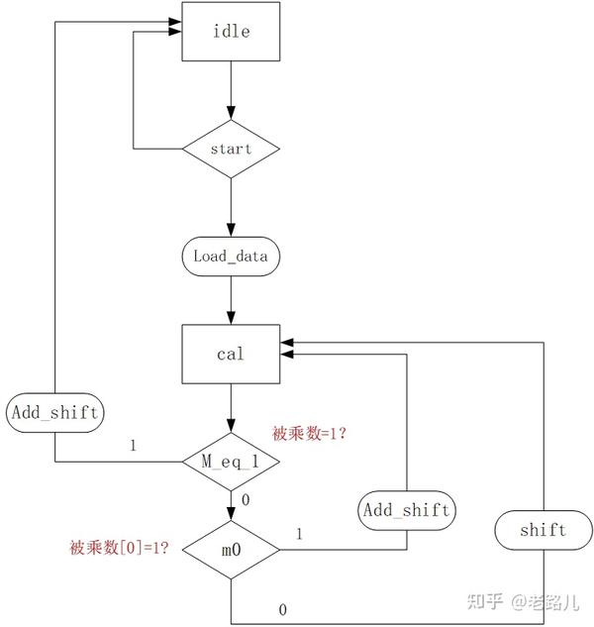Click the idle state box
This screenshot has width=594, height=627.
[x=231, y=31]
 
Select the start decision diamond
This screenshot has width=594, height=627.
[x=231, y=150]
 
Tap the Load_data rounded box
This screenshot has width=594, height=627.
[x=231, y=256]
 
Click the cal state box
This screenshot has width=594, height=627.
[x=231, y=354]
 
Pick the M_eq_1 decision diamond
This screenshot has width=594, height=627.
[x=231, y=462]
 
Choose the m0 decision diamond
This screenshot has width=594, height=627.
[x=231, y=547]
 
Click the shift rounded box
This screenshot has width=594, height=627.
[x=543, y=530]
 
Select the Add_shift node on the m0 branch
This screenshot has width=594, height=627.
[x=406, y=510]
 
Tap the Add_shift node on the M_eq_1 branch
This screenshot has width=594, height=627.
[x=53, y=412]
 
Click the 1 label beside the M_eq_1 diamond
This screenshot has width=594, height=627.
[x=133, y=445]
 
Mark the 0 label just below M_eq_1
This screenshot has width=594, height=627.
[x=246, y=498]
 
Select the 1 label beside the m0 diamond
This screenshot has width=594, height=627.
[x=299, y=534]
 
